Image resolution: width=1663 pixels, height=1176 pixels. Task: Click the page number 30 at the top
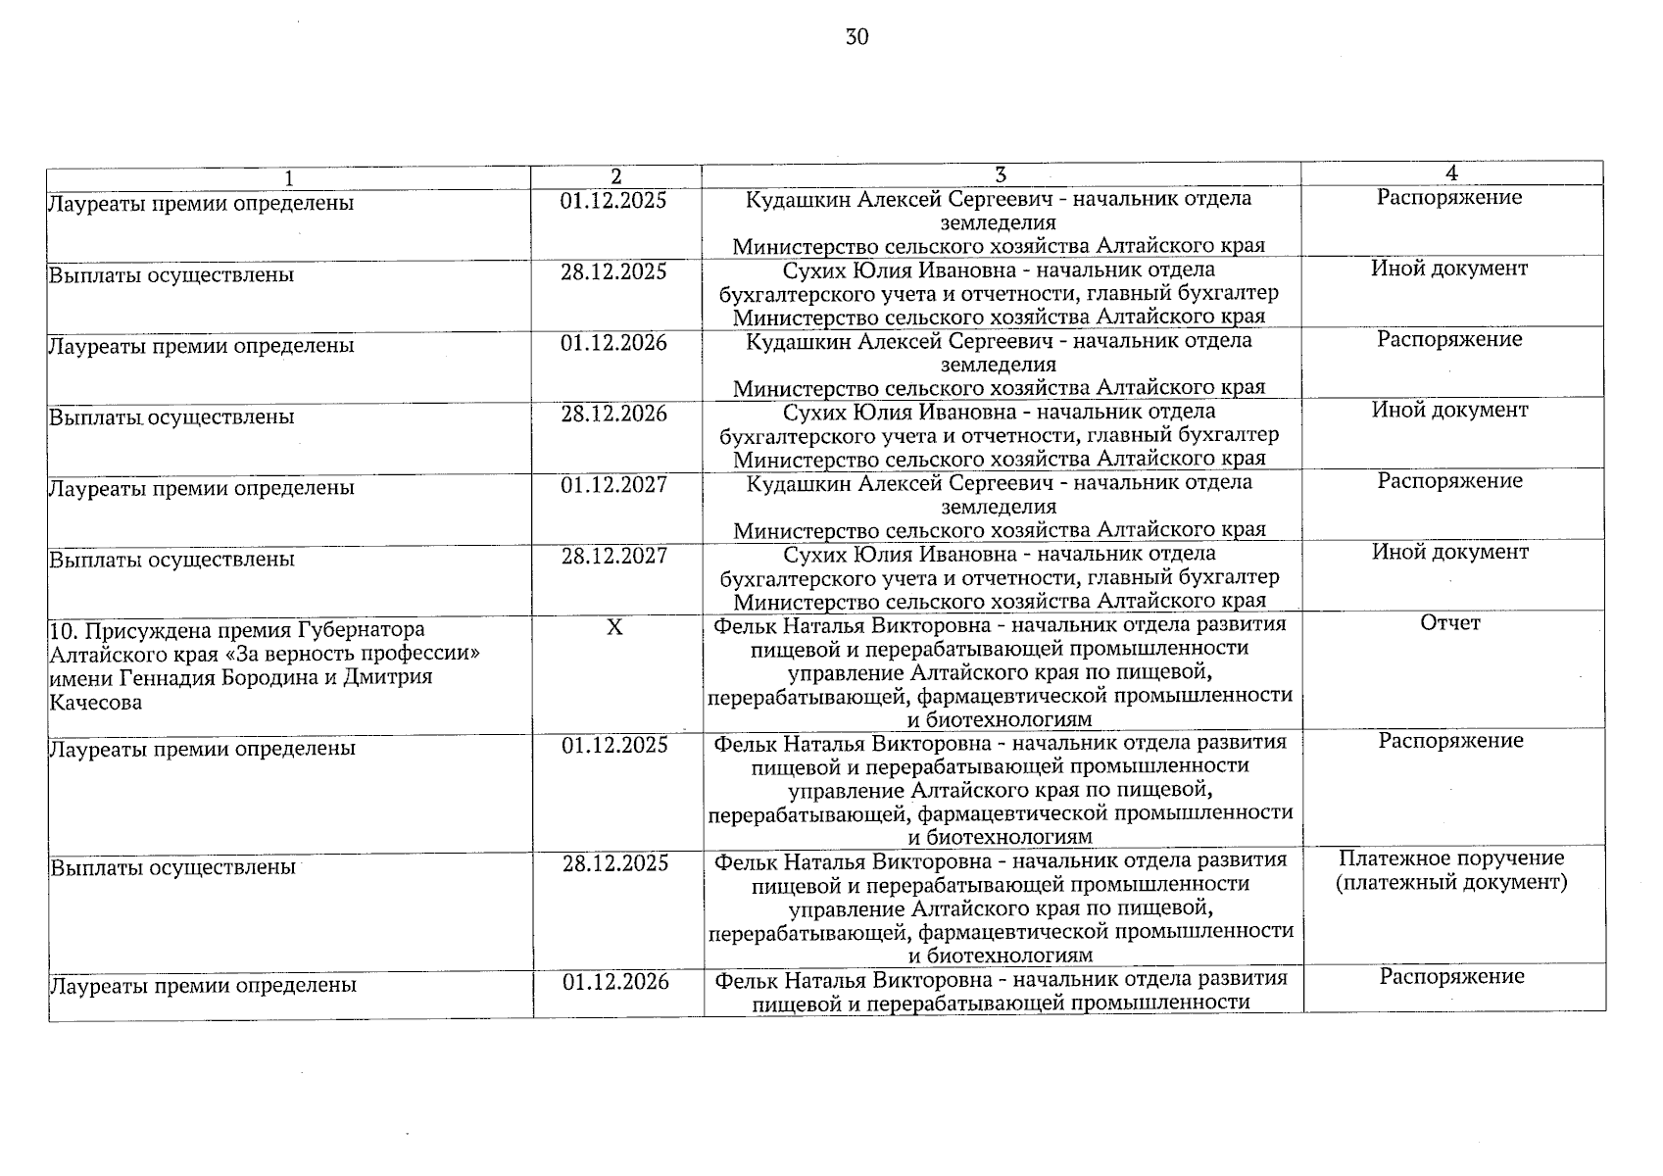tap(856, 38)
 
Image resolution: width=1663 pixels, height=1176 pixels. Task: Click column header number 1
tap(288, 178)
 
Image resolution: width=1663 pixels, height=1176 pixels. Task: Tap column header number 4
tap(1451, 173)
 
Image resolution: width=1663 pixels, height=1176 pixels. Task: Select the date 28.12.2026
tap(613, 414)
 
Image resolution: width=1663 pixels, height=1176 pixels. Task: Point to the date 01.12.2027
tap(613, 484)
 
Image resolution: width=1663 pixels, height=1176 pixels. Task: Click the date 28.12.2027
tap(613, 556)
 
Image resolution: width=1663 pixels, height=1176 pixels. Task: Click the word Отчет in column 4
tap(1450, 623)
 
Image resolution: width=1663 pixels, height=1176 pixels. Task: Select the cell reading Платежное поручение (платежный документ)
tap(1451, 870)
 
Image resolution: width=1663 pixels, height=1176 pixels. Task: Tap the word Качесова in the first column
tap(95, 703)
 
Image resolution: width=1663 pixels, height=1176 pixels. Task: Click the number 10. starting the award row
tap(64, 629)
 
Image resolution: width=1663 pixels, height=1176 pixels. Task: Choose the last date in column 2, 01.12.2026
tap(615, 982)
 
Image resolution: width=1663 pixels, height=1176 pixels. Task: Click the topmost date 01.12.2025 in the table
tap(613, 201)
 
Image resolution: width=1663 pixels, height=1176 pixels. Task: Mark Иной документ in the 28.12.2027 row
tap(1449, 552)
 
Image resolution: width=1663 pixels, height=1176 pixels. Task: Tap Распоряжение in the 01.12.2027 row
tap(1449, 481)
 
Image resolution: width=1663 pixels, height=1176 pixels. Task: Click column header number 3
tap(1000, 175)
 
